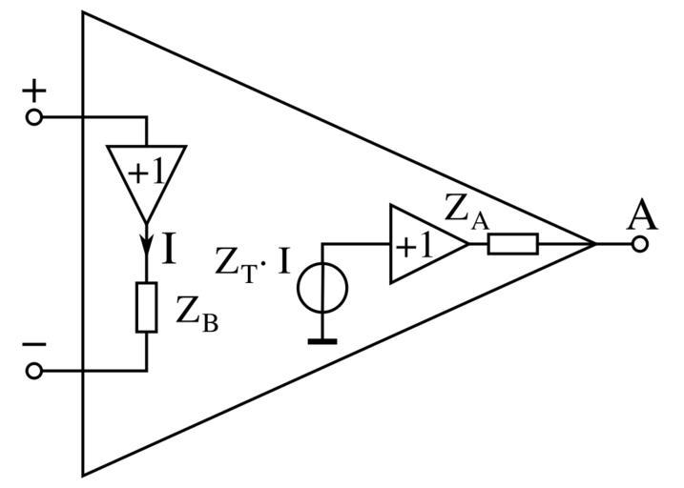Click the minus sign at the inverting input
34,344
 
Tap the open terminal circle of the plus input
34,117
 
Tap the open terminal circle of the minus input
34,371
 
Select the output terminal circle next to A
640,244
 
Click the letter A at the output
641,216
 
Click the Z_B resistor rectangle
146,307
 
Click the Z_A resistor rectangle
512,244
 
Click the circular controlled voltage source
322,289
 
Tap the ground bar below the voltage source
322,339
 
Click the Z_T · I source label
252,263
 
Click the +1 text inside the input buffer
145,172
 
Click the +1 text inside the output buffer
414,246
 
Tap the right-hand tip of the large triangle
595,244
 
